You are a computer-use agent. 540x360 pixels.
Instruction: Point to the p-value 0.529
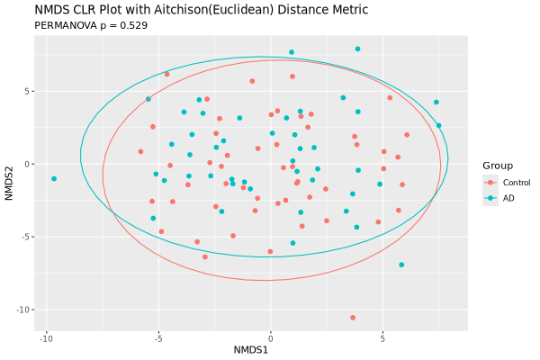(132, 25)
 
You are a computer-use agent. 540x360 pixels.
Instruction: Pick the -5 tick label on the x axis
(158, 339)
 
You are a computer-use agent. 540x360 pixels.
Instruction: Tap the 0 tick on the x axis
(271, 339)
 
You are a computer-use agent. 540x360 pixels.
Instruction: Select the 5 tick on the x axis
(382, 339)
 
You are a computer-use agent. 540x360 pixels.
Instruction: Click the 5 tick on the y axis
(30, 91)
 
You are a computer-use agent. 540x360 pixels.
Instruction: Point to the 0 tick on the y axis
(30, 164)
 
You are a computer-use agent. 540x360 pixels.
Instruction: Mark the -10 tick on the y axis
(25, 310)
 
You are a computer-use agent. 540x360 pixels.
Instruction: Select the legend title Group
(498, 166)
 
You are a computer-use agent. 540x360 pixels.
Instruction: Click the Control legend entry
(516, 183)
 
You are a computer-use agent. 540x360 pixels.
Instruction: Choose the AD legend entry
(508, 197)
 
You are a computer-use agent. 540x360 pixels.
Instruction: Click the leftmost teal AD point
(54, 178)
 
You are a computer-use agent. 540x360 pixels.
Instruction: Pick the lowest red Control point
(353, 317)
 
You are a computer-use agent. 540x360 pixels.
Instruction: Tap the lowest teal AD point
(401, 265)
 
